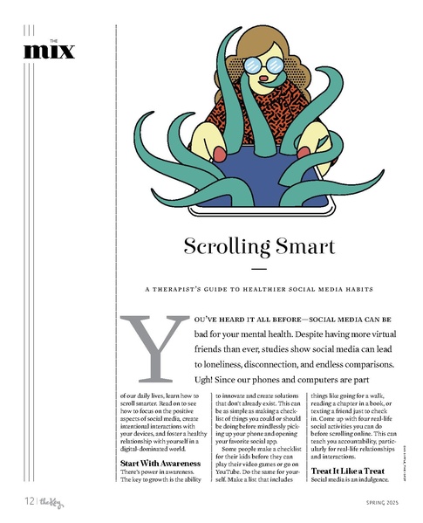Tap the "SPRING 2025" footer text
click(x=376, y=502)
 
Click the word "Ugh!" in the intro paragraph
click(x=195, y=382)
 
